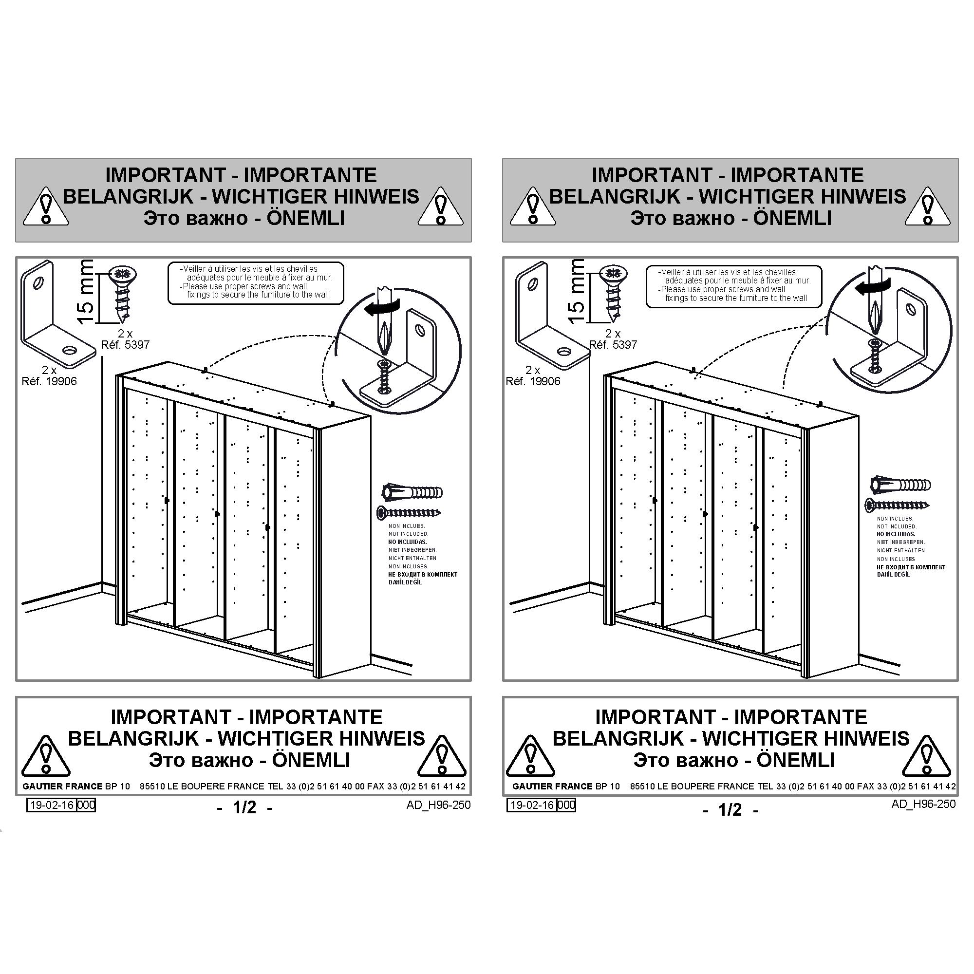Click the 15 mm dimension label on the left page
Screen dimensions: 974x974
tap(86, 292)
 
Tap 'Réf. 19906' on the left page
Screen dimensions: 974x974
tap(49, 381)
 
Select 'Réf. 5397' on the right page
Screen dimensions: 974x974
tap(613, 345)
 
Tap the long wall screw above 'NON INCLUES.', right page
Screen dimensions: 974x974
tap(898, 504)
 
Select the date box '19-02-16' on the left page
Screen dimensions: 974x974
tap(51, 805)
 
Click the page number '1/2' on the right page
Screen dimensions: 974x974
tap(730, 810)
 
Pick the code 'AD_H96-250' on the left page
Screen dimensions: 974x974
tap(438, 805)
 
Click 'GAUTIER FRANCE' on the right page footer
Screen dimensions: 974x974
tap(553, 786)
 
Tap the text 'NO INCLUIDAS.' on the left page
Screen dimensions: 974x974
tap(407, 542)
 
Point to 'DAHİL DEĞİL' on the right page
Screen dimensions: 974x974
tap(894, 575)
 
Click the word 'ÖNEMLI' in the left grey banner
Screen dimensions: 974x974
tap(305, 218)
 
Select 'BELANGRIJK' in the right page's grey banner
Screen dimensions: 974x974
tap(615, 196)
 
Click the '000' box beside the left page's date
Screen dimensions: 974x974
tap(86, 805)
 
